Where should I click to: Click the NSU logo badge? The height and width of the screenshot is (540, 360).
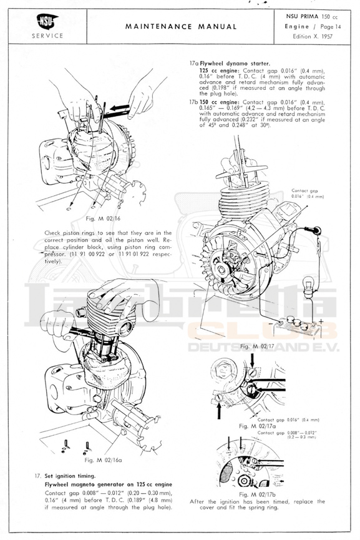tap(47, 22)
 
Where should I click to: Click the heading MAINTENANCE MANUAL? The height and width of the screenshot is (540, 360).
tap(181, 26)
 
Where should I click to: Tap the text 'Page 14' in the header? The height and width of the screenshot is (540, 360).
tap(331, 26)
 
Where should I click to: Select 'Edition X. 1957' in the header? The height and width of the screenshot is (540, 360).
tap(313, 36)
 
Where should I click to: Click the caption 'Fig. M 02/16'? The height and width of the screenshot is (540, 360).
tap(103, 218)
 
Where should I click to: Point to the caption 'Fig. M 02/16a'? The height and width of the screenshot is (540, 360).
tap(103, 459)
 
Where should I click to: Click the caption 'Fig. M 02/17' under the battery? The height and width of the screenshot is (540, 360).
tap(258, 346)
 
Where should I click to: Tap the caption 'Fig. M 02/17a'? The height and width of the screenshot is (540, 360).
tap(258, 426)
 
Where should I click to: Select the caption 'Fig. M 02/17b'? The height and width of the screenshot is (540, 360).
tap(258, 494)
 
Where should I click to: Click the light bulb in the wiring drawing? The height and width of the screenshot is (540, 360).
tap(309, 286)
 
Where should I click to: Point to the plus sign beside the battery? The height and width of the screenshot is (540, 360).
tap(321, 322)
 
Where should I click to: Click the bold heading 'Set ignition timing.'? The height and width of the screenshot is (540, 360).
tap(70, 476)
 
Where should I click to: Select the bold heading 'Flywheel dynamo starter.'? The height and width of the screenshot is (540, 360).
tap(235, 64)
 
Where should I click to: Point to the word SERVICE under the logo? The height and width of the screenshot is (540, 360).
tap(47, 36)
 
